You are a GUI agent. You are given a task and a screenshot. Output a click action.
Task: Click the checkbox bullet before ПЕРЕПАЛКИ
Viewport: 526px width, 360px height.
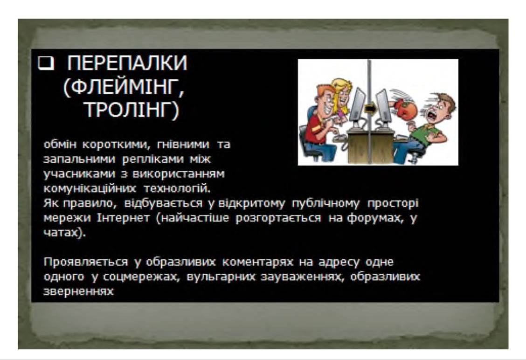[46, 63]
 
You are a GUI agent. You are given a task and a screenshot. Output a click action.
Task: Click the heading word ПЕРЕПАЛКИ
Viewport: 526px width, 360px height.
[127, 63]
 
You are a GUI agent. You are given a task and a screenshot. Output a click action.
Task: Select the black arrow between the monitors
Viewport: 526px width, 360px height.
[369, 108]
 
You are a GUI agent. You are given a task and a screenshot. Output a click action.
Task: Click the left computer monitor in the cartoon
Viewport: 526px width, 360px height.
[357, 104]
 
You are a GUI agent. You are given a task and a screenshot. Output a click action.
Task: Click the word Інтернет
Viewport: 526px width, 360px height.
[123, 218]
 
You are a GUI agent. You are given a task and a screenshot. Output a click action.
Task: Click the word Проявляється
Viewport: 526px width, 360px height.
[85, 262]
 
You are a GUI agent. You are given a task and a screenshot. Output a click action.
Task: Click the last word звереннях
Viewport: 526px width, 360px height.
[78, 291]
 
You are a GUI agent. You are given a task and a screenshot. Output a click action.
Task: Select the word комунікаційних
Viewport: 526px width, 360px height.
[90, 188]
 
